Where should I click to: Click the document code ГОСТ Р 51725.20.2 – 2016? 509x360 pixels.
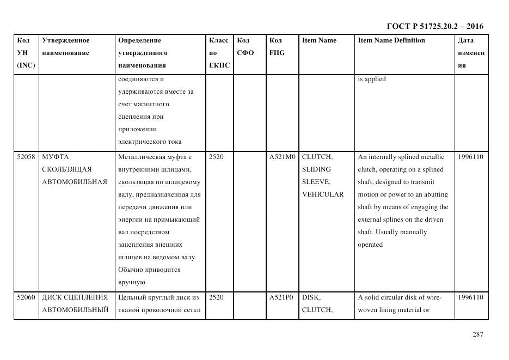pyautogui.click(x=434, y=26)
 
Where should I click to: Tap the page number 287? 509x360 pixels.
pyautogui.click(x=477, y=334)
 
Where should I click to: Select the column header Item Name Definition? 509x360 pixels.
pyautogui.click(x=391, y=40)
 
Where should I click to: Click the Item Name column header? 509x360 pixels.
pyautogui.click(x=319, y=40)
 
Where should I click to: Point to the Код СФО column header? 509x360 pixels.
pyautogui.click(x=245, y=46)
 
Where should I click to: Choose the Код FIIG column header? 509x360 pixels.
pyautogui.click(x=276, y=46)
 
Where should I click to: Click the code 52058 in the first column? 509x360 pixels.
pyautogui.click(x=26, y=157)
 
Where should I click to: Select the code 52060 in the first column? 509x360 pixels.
pyautogui.click(x=26, y=297)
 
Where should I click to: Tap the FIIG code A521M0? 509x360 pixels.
pyautogui.click(x=282, y=157)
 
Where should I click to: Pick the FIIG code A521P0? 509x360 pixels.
pyautogui.click(x=281, y=297)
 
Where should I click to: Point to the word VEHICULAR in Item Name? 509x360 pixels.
pyautogui.click(x=323, y=194)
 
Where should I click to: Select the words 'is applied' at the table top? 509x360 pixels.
pyautogui.click(x=371, y=79)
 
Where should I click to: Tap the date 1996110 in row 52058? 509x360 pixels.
pyautogui.click(x=470, y=157)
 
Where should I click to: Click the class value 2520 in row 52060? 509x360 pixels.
pyautogui.click(x=216, y=297)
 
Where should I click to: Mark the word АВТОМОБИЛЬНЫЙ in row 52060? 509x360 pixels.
pyautogui.click(x=75, y=310)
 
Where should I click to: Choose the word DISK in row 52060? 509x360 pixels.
pyautogui.click(x=311, y=297)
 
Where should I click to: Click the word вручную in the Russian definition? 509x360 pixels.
pyautogui.click(x=131, y=282)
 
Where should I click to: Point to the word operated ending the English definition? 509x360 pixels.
pyautogui.click(x=370, y=245)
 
